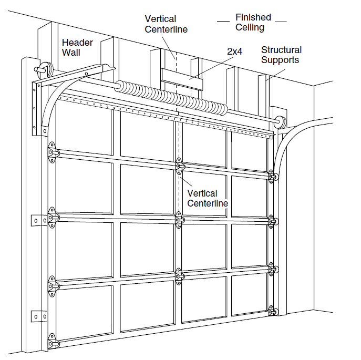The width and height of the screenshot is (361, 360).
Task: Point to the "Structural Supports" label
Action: [x=281, y=55]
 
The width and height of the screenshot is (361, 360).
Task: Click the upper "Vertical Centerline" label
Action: [x=166, y=23]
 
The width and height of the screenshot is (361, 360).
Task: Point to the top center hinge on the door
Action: [x=179, y=166]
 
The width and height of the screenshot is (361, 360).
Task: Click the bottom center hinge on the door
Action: [x=179, y=275]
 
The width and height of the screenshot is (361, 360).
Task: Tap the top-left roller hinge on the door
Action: [x=53, y=152]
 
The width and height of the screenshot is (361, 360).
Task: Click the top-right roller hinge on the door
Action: [x=273, y=177]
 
